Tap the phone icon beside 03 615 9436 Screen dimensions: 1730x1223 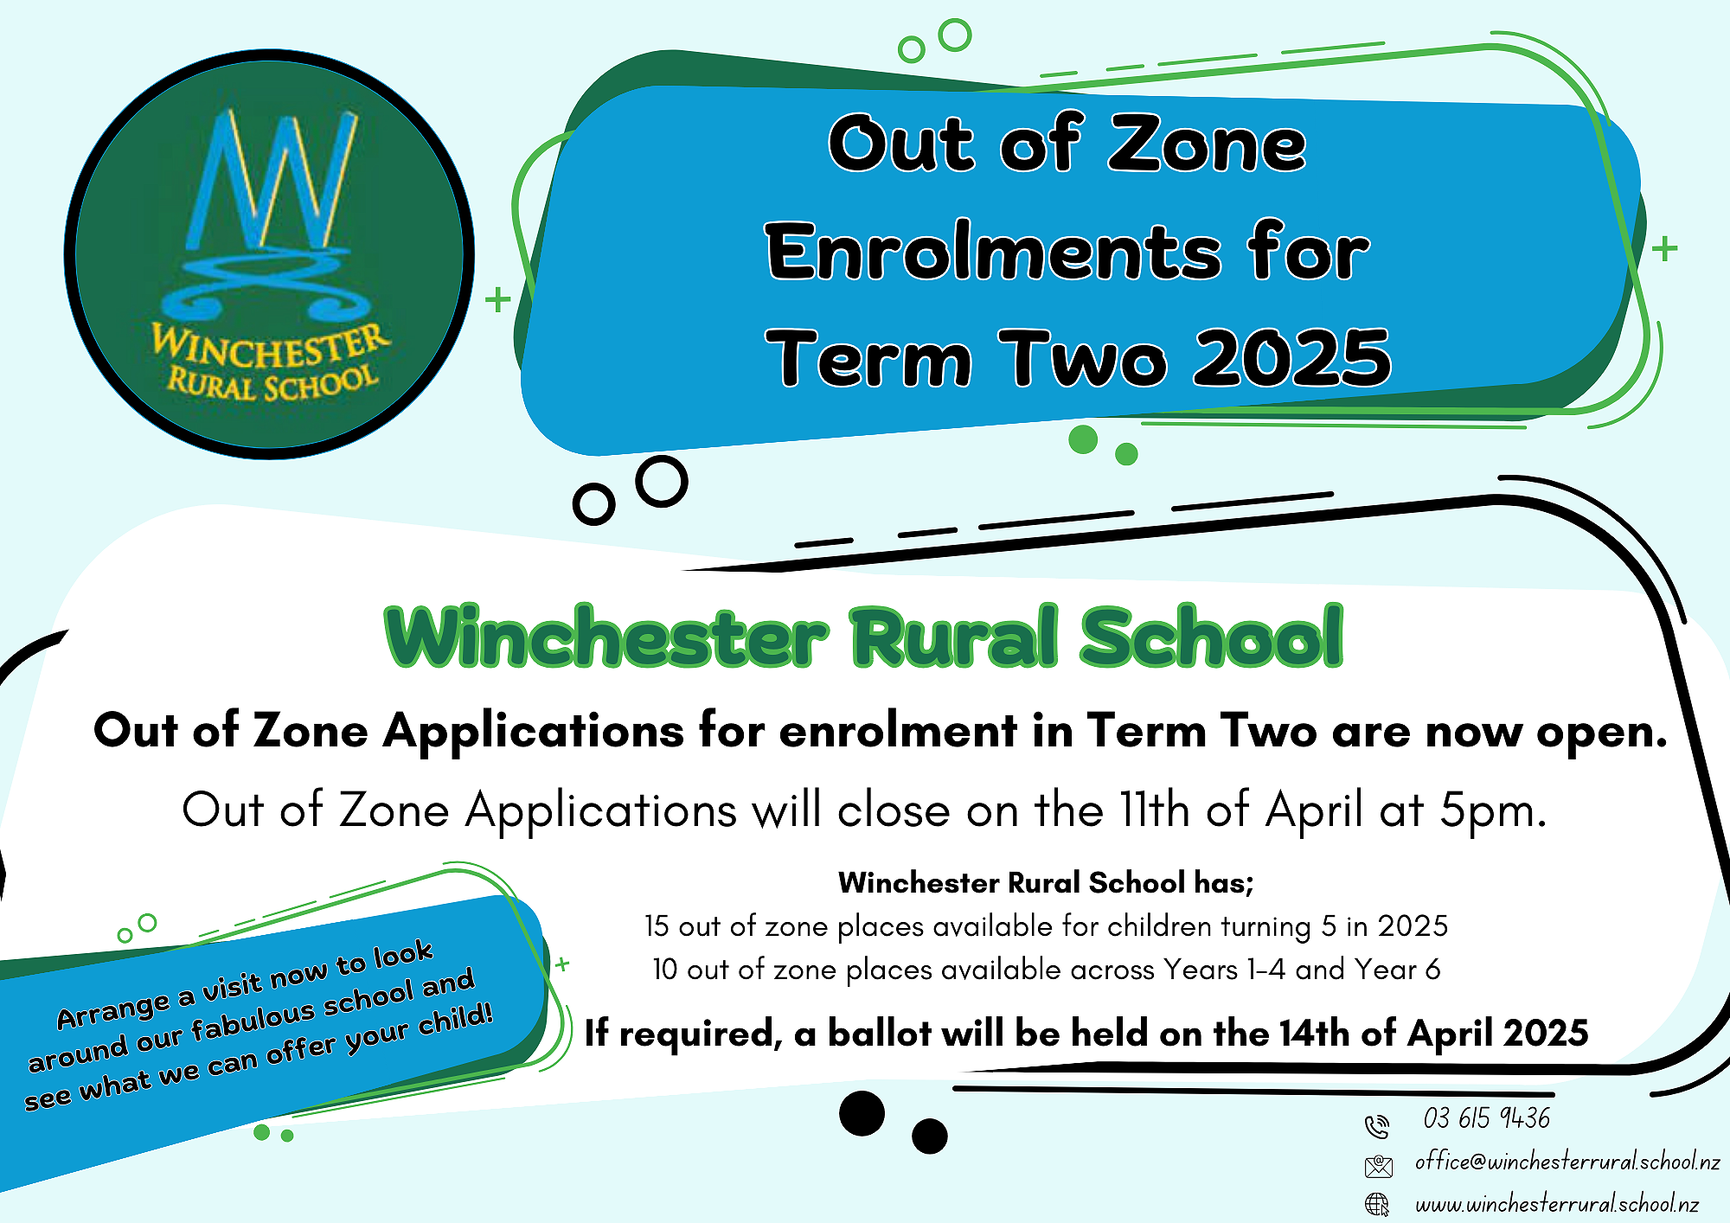[x=1377, y=1126]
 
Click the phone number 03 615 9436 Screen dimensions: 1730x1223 [x=1486, y=1117]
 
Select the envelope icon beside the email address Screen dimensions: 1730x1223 [x=1379, y=1166]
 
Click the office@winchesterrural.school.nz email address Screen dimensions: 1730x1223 [x=1567, y=1162]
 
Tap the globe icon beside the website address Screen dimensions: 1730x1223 [x=1377, y=1204]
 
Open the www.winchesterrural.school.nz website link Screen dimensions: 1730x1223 [x=1556, y=1203]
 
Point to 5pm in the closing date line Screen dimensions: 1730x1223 [x=1492, y=811]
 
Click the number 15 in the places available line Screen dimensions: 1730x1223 [x=657, y=925]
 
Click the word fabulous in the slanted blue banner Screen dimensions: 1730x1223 [x=253, y=1021]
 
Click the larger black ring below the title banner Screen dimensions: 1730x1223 [x=662, y=481]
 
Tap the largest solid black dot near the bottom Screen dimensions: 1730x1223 [x=862, y=1113]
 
